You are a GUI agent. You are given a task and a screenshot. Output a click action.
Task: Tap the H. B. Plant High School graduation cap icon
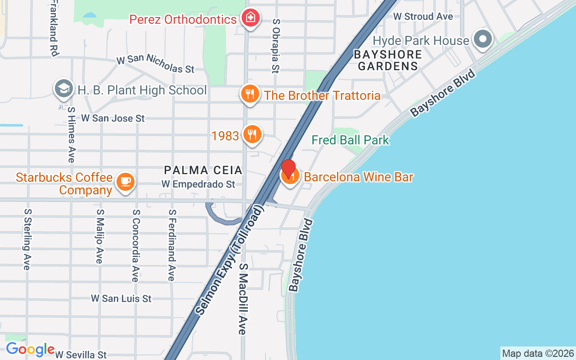pyautogui.click(x=64, y=90)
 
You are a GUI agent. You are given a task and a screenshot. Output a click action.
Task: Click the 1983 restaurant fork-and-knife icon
pyautogui.click(x=252, y=134)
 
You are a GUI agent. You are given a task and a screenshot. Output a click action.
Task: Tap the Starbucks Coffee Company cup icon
pyautogui.click(x=126, y=181)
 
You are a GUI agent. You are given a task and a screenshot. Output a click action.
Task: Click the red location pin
pyautogui.click(x=288, y=169)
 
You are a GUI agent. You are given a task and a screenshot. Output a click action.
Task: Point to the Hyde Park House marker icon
pyautogui.click(x=483, y=40)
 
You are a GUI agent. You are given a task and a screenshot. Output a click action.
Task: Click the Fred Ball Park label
pyautogui.click(x=350, y=140)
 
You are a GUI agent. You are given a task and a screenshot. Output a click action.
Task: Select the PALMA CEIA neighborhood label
pyautogui.click(x=203, y=170)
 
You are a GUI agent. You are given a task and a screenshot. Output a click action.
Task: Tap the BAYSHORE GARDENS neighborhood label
pyautogui.click(x=387, y=60)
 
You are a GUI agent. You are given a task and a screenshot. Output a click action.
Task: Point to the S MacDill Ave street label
pyautogui.click(x=243, y=298)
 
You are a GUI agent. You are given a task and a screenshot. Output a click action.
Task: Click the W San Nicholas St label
pyautogui.click(x=155, y=64)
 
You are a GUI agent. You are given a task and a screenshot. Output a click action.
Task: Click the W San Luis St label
pyautogui.click(x=121, y=298)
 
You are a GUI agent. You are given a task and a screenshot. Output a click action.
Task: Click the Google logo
pyautogui.click(x=30, y=349)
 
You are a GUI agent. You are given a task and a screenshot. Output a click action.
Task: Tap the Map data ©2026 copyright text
pyautogui.click(x=538, y=353)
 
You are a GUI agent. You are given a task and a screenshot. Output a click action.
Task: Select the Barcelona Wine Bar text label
pyautogui.click(x=358, y=177)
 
